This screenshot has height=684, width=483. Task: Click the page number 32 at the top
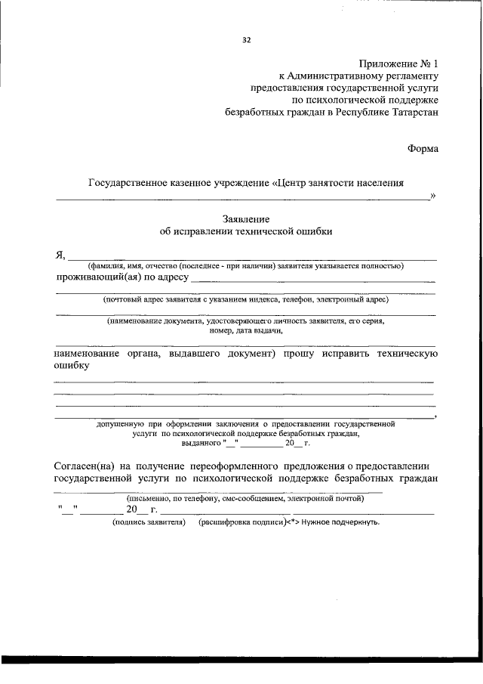[246, 41]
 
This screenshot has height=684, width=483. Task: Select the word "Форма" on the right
[422, 148]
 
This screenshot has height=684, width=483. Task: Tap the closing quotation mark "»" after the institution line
[433, 196]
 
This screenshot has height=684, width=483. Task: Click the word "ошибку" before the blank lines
[72, 365]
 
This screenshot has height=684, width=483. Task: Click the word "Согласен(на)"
[87, 464]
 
